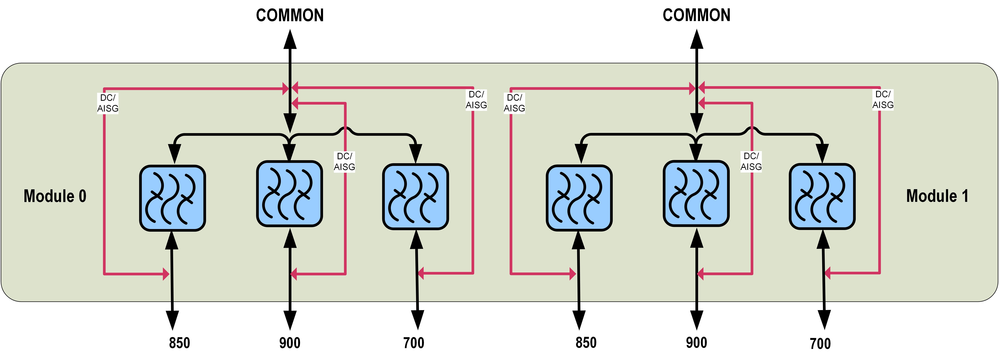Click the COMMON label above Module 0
[x=290, y=16]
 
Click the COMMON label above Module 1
[x=697, y=16]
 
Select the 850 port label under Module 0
[x=180, y=343]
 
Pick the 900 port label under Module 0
[x=290, y=343]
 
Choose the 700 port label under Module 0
[x=414, y=343]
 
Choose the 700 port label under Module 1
[x=820, y=344]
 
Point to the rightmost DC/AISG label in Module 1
[x=883, y=100]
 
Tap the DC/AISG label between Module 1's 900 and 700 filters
[x=751, y=161]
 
